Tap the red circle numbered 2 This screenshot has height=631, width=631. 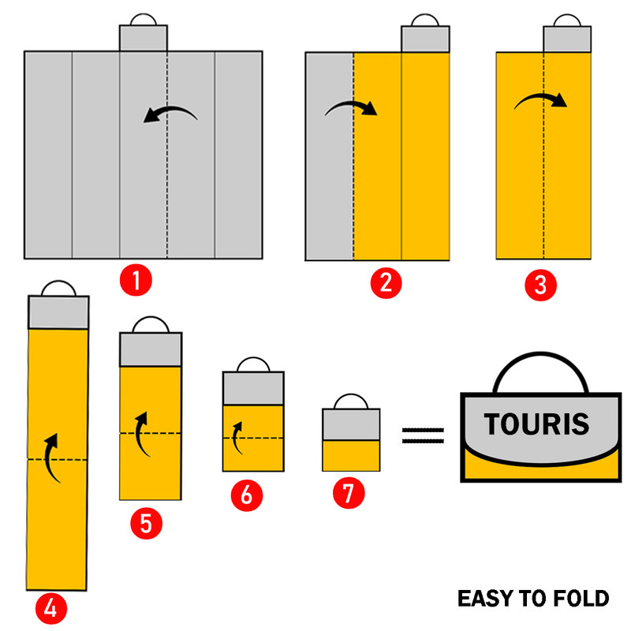pos(385,282)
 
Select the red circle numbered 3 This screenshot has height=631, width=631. pos(540,284)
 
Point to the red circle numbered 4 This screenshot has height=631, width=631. pos(50,608)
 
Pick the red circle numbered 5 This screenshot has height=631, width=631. pos(146,523)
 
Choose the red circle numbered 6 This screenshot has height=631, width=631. pos(246,495)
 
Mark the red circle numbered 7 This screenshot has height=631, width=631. pos(348,494)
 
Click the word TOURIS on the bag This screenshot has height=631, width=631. pos(537,424)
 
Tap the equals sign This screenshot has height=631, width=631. pos(424,435)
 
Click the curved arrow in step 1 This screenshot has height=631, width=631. pos(170,115)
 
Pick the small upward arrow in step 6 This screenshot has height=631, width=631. pos(235,435)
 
